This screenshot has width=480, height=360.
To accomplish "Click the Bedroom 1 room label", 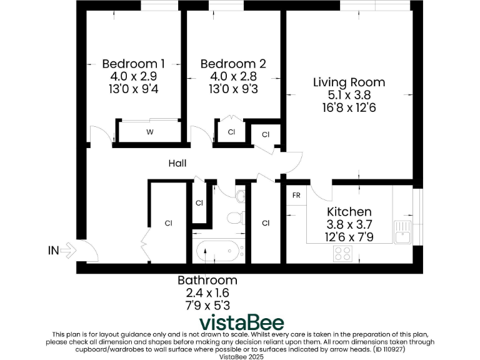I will (x=133, y=64).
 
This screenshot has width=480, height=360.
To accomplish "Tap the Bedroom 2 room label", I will (x=233, y=64).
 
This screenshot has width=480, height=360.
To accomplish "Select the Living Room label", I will (x=349, y=82).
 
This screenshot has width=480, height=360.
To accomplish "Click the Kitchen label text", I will (x=349, y=212).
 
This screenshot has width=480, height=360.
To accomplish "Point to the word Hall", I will (x=177, y=164).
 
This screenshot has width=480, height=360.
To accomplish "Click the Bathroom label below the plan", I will (x=207, y=280).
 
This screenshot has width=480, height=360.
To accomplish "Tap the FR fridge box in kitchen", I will (x=296, y=196).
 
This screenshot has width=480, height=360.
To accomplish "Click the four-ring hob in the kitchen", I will (x=342, y=253).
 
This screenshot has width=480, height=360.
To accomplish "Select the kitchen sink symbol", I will (x=402, y=232).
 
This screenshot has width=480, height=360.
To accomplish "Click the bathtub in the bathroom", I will (x=218, y=252).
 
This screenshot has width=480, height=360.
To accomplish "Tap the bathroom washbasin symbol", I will (x=241, y=196).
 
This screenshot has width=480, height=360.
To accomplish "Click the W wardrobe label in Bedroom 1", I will (x=149, y=132).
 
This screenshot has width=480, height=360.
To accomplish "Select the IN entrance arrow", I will (x=62, y=251).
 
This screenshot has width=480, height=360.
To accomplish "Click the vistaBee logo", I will (x=241, y=323).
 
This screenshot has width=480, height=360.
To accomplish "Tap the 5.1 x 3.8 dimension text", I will (x=349, y=95).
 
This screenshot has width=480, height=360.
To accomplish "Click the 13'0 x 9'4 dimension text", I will (x=133, y=89).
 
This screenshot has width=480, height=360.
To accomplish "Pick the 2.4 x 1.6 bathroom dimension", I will (x=207, y=292).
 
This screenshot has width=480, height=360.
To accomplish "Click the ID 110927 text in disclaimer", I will (x=408, y=349).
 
